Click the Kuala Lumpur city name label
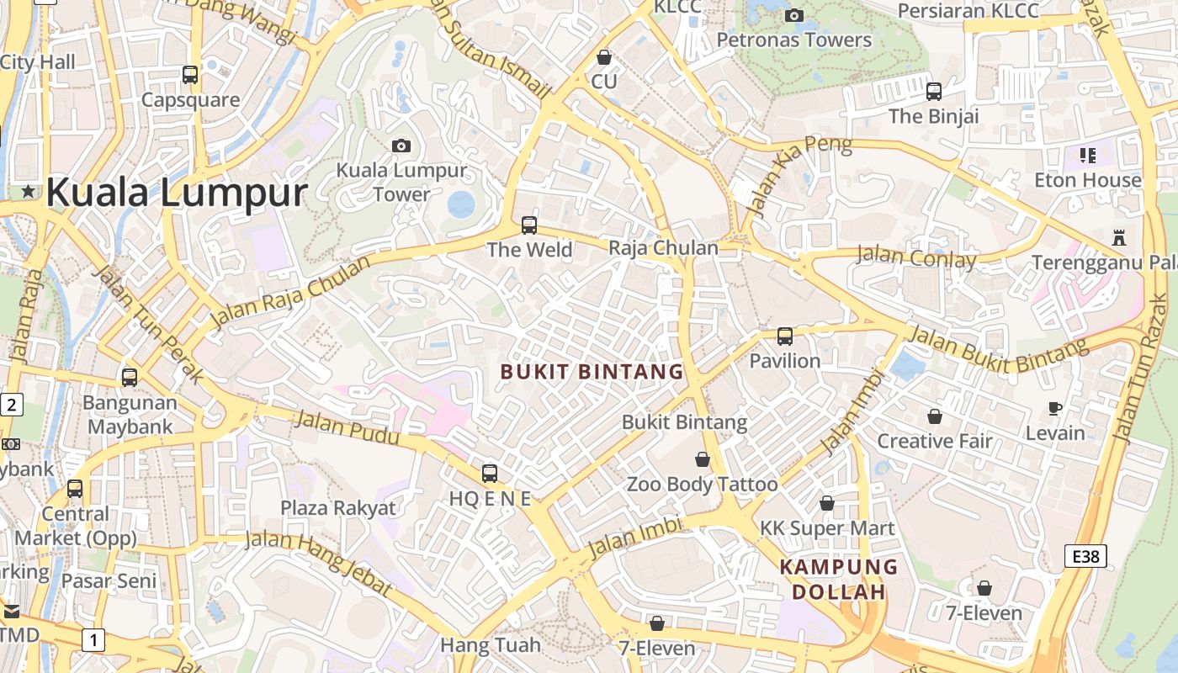pos(177,192)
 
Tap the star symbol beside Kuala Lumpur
pos(29,191)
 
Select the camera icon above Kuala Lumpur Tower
pos(401,146)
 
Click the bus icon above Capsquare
pos(190,75)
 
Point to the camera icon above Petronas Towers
pos(793,15)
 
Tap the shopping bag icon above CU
pos(603,57)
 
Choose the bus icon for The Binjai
pos(933,92)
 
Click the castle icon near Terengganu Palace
pos(1118,238)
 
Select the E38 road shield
pos(1085,556)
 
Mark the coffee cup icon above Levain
pos(1055,409)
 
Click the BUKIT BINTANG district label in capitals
pos(592,371)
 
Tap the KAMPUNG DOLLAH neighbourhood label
pos(839,579)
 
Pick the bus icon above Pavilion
pos(785,336)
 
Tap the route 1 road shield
pos(93,641)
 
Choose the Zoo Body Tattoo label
pos(702,485)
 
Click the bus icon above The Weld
pos(528,225)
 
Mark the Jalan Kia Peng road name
pos(799,173)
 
